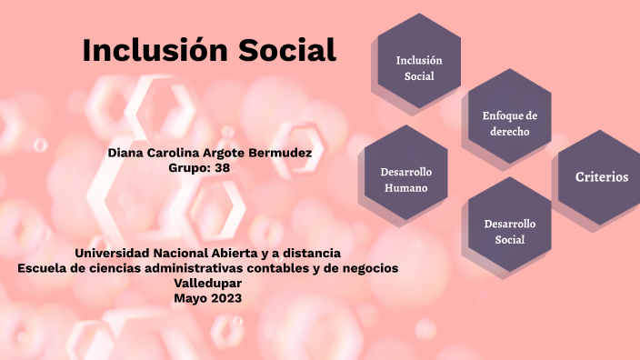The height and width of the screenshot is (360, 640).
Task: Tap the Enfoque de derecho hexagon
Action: click(510, 124)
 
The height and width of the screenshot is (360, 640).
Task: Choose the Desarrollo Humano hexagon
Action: click(405, 179)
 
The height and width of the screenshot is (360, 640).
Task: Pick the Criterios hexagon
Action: click(601, 177)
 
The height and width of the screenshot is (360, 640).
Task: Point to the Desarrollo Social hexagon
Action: click(510, 232)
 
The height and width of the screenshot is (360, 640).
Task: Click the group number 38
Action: click(222, 167)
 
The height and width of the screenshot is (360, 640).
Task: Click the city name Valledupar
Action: click(208, 283)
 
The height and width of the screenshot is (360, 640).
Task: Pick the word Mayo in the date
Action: click(191, 297)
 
